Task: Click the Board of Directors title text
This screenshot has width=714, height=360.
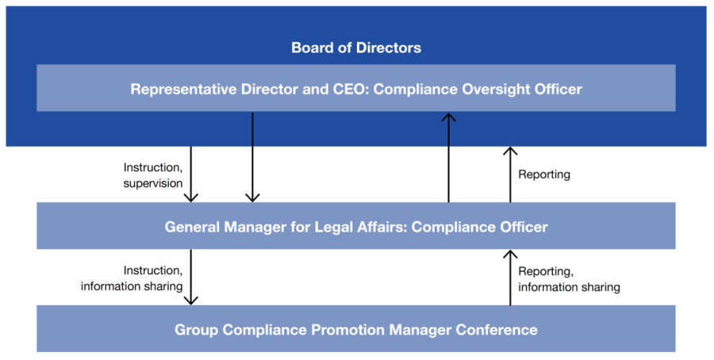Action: click(x=356, y=48)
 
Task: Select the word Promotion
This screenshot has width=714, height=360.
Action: click(x=347, y=330)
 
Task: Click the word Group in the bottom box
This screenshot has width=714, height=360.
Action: click(x=196, y=331)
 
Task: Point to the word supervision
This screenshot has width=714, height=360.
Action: click(x=153, y=183)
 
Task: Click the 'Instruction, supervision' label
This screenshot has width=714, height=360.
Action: click(x=153, y=175)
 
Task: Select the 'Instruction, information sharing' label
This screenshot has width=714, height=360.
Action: click(x=132, y=278)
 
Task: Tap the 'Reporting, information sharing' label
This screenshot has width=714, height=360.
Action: click(x=569, y=279)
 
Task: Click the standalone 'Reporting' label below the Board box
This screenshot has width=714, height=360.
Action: click(x=544, y=174)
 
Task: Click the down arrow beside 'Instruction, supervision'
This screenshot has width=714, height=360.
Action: click(x=190, y=174)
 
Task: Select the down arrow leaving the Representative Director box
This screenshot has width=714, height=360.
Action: click(x=252, y=157)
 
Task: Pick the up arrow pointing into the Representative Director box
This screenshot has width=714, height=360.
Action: click(x=448, y=157)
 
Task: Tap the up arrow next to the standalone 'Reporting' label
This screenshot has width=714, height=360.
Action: click(x=510, y=174)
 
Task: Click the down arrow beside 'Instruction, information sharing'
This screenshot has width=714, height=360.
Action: click(x=190, y=277)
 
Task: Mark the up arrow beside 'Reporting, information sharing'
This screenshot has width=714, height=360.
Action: click(x=510, y=277)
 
